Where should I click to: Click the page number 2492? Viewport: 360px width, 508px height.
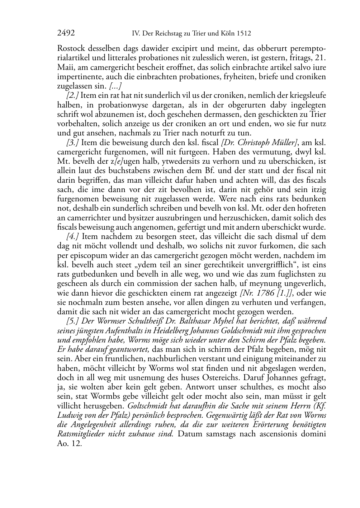[66, 34]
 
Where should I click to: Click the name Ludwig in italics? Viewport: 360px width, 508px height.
[70, 415]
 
